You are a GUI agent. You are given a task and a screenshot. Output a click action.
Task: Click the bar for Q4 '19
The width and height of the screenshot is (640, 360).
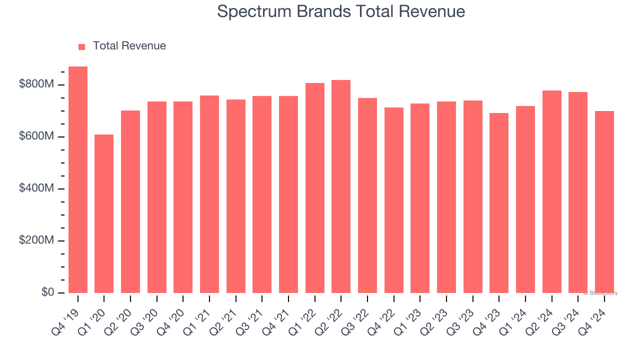78,180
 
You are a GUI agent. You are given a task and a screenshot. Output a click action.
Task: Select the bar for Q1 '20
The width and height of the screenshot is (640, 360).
104,214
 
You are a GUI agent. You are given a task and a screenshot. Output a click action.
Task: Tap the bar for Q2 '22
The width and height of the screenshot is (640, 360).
341,186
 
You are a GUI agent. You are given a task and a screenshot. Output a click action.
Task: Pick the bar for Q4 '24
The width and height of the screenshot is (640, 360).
604,202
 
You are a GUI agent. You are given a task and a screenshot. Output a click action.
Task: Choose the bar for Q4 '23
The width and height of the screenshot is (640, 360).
499,203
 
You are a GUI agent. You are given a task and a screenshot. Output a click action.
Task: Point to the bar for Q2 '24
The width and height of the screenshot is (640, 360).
551,192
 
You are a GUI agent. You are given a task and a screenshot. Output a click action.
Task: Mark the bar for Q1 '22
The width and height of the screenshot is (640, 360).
314,188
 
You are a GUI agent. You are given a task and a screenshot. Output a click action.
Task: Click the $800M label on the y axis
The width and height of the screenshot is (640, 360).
36,84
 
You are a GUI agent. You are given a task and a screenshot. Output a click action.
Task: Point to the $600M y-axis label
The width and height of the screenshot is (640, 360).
36,136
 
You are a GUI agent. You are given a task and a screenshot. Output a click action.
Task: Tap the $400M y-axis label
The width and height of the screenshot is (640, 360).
36,188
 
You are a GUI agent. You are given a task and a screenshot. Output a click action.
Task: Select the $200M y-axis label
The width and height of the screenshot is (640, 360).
36,240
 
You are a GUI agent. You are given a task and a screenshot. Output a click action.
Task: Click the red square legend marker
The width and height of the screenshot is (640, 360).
82,46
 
